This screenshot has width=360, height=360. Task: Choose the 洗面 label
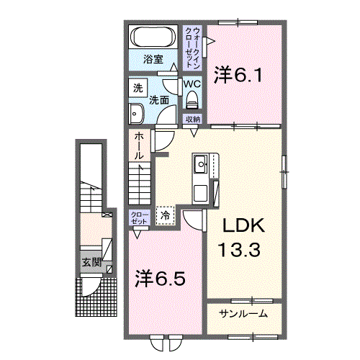(x=159, y=100)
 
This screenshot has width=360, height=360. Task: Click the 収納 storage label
(x=192, y=120)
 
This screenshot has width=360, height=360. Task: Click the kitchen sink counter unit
(x=201, y=179)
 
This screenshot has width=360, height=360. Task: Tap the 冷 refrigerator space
(x=166, y=214)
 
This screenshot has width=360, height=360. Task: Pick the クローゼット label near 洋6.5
(x=138, y=218)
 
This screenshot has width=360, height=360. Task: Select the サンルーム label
(x=243, y=313)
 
